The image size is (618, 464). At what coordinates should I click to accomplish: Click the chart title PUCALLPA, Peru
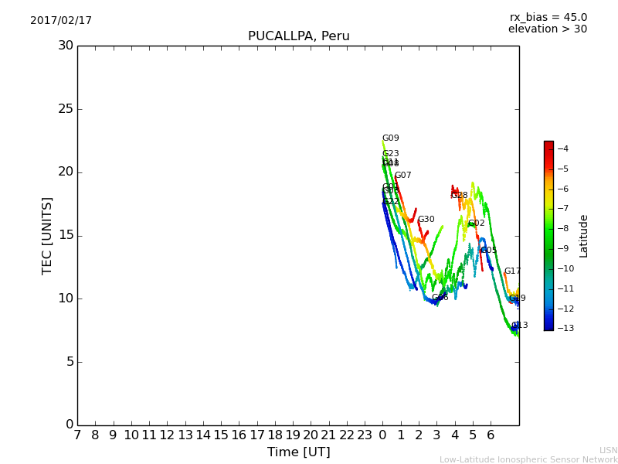coord(298,36)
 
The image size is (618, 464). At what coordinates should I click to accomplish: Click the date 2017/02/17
coord(61,21)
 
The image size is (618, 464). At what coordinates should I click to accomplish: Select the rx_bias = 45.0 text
coord(548,17)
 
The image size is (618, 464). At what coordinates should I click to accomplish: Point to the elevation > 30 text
coord(547,29)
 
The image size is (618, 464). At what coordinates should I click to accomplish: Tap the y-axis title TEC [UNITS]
coord(47,235)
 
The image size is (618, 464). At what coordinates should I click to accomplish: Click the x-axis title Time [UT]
coord(298,452)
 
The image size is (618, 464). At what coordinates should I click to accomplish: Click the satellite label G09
coord(390,138)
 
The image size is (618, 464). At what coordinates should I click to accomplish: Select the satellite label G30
coord(426,220)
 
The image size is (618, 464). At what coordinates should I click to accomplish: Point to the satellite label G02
coord(476,223)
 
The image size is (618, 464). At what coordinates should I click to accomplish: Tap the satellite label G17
coord(512,271)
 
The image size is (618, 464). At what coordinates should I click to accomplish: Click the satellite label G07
coord(402,176)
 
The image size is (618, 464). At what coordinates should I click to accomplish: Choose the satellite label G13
coord(519,326)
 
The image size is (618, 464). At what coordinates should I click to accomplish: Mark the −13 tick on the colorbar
coord(562,329)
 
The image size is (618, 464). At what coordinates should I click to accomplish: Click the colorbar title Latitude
coord(584,236)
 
